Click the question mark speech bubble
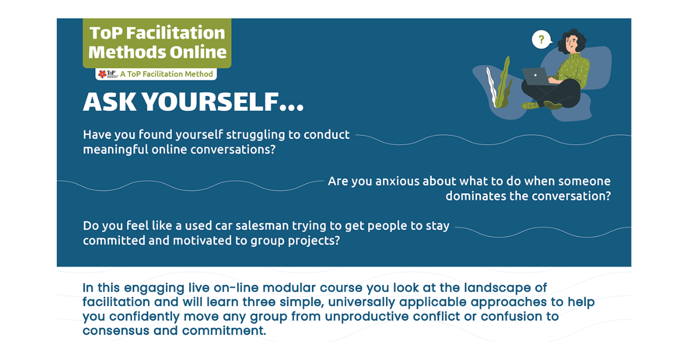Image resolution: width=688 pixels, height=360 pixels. (x=541, y=40)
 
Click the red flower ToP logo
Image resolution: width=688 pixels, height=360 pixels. (x=102, y=74)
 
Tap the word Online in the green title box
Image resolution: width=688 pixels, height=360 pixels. (x=198, y=52)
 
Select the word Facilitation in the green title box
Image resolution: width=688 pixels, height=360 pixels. (x=175, y=33)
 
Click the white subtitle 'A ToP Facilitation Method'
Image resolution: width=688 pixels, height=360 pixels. (x=166, y=74)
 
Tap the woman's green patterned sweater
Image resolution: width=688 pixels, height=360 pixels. (x=574, y=70)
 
